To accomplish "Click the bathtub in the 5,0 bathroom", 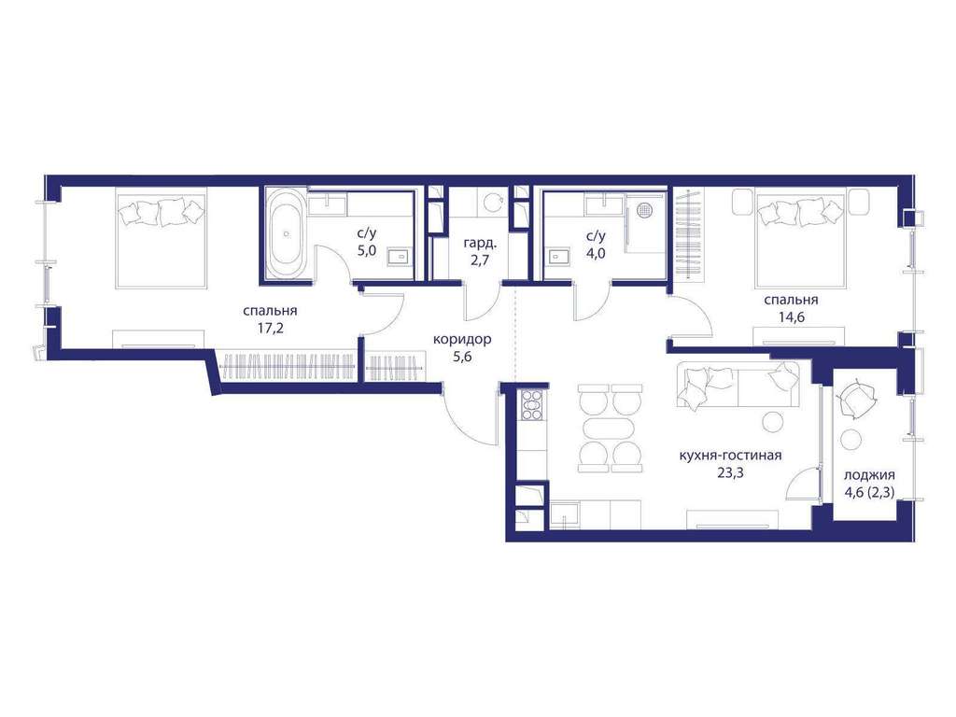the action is pyautogui.click(x=288, y=233).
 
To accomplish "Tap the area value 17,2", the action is pyautogui.click(x=271, y=330).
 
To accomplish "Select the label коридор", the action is pyautogui.click(x=462, y=339).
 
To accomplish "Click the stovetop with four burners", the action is pyautogui.click(x=531, y=404).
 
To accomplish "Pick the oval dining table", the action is pyautogui.click(x=610, y=428).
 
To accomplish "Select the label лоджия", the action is pyautogui.click(x=869, y=476).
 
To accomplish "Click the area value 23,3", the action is pyautogui.click(x=730, y=471).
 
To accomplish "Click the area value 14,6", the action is pyautogui.click(x=791, y=317).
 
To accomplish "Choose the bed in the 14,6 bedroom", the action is pyautogui.click(x=800, y=238).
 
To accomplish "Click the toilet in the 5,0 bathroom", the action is pyautogui.click(x=400, y=257).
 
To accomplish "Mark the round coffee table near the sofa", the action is pyautogui.click(x=772, y=421).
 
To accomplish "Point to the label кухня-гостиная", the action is pyautogui.click(x=730, y=456).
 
